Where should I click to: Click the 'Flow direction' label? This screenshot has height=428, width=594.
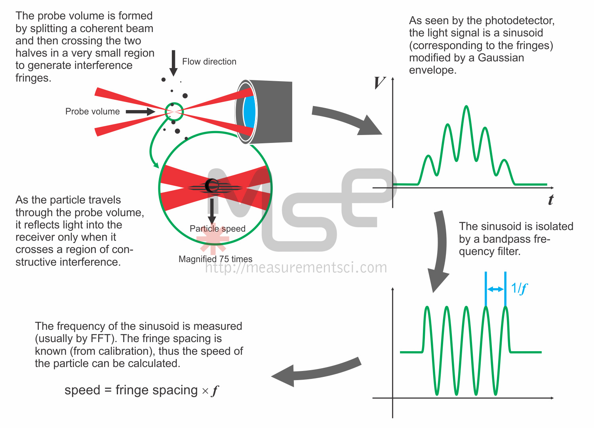pyautogui.click(x=209, y=62)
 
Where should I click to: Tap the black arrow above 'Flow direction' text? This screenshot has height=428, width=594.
pyautogui.click(x=173, y=63)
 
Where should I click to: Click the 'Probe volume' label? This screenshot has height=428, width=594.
pyautogui.click(x=92, y=112)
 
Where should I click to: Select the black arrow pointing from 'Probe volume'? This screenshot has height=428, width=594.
pyautogui.click(x=140, y=112)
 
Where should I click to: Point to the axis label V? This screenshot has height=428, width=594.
pyautogui.click(x=379, y=83)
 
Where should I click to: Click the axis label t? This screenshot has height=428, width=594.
pyautogui.click(x=550, y=200)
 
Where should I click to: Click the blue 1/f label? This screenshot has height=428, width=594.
pyautogui.click(x=519, y=288)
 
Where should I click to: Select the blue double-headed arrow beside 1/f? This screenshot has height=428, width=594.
pyautogui.click(x=495, y=289)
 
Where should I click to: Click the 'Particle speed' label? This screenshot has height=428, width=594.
pyautogui.click(x=217, y=229)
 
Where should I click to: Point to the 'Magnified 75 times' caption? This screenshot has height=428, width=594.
pyautogui.click(x=215, y=259)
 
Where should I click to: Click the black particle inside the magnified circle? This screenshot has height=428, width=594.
pyautogui.click(x=212, y=185)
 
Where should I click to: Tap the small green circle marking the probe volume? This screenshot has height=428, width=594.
pyautogui.click(x=174, y=112)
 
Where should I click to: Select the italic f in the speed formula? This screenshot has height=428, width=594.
pyautogui.click(x=215, y=391)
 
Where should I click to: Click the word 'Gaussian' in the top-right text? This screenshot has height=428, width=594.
pyautogui.click(x=501, y=58)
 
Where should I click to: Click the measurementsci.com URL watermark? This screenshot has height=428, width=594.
pyautogui.click(x=296, y=268)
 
